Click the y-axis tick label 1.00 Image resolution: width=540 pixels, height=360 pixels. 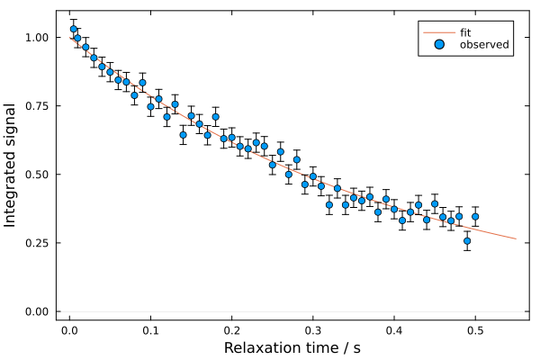38,38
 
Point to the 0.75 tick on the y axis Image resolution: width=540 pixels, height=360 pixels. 38,106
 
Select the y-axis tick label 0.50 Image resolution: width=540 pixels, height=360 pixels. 38,175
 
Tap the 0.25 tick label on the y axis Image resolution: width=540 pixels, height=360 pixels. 38,243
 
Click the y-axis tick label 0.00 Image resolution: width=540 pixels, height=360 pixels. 38,311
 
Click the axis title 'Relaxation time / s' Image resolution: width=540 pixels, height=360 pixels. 292,347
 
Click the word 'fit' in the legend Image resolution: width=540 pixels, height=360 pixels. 466,32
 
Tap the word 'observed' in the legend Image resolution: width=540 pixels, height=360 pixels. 484,44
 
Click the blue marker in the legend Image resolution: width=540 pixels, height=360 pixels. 439,44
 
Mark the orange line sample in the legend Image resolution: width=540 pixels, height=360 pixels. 439,32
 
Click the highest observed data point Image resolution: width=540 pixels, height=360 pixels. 74,29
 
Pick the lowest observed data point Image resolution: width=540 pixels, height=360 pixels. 467,241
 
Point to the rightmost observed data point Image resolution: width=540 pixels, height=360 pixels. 475,216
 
